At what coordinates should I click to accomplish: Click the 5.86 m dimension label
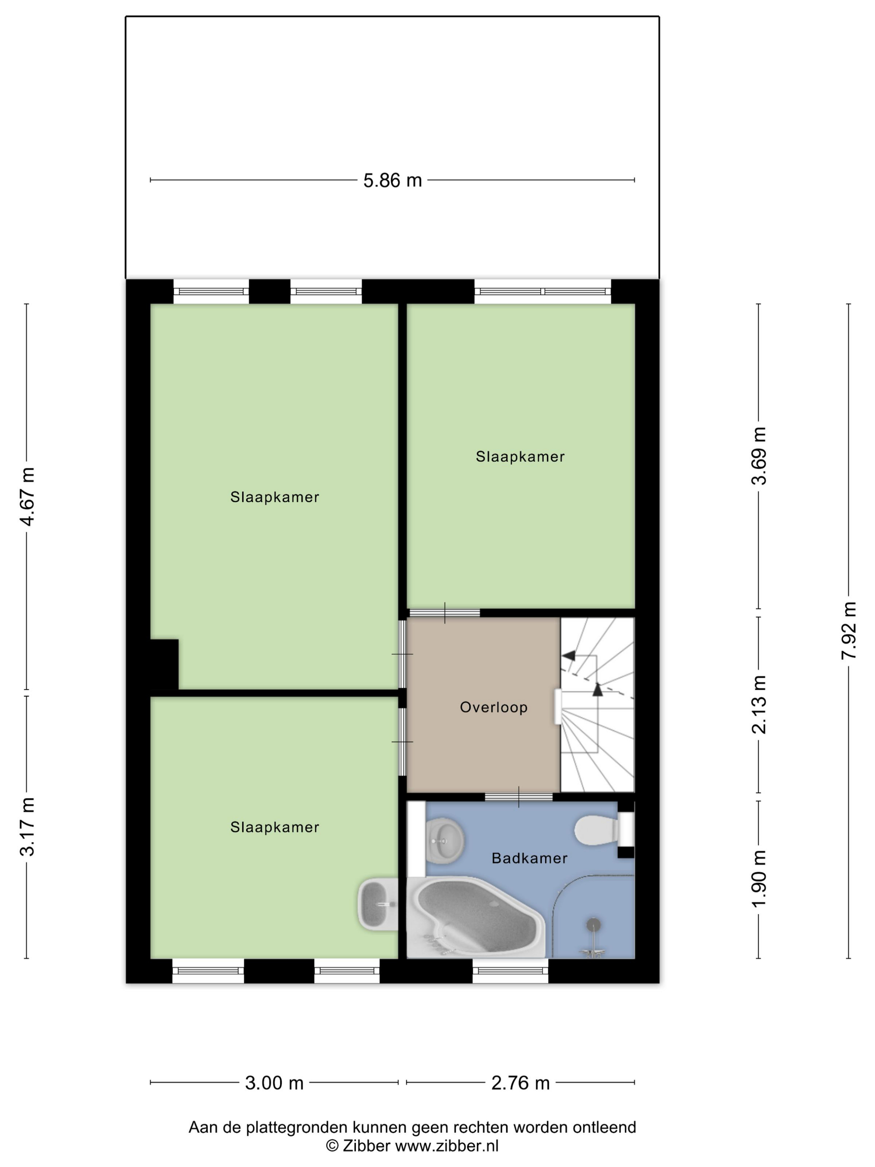392,180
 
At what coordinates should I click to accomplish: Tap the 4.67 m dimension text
27,496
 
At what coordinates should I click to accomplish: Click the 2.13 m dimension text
759,704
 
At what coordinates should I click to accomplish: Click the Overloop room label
494,707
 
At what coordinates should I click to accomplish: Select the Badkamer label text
530,858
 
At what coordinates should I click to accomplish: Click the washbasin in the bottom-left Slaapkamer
377,904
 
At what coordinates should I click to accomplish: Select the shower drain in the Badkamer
594,924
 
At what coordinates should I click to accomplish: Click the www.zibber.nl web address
447,1146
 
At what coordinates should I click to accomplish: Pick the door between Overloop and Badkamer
518,797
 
